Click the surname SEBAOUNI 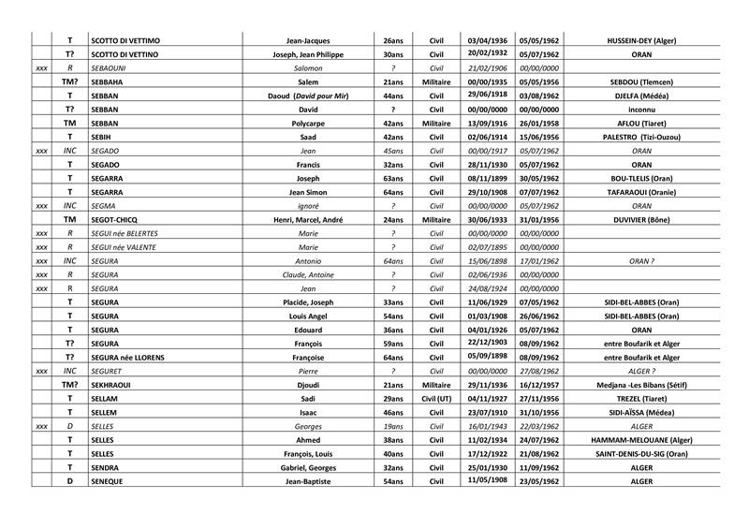tap(112, 68)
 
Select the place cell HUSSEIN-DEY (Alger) tap(641, 41)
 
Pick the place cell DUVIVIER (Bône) tap(641, 220)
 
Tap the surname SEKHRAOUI tap(115, 385)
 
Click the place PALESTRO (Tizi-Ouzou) tap(641, 138)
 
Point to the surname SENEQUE tap(110, 480)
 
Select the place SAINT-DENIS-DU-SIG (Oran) tap(641, 453)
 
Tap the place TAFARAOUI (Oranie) tap(641, 192)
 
